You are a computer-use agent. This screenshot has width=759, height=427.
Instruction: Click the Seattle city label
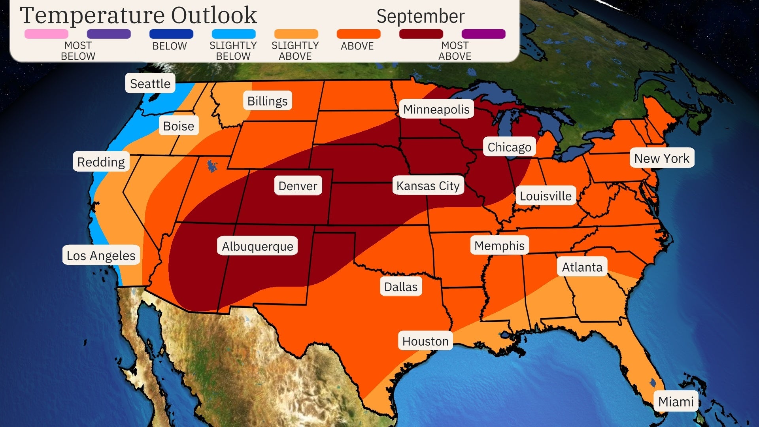(150, 83)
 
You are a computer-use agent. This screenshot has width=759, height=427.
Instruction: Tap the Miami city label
(676, 401)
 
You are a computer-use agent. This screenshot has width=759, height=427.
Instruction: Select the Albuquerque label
(257, 246)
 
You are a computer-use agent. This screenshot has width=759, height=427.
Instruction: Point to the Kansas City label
(428, 185)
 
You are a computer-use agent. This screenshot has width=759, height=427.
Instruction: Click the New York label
(661, 158)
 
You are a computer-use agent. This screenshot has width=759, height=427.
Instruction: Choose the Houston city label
(425, 341)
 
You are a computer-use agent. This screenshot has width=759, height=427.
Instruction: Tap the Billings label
(267, 101)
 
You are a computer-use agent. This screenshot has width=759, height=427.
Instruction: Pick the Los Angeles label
(101, 255)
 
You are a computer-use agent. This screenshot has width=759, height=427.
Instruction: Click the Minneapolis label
(436, 109)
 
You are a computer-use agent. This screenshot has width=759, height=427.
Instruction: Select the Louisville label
(546, 196)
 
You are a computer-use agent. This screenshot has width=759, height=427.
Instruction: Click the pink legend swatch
(46, 34)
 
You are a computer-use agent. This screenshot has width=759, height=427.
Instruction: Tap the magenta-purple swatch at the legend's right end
(483, 34)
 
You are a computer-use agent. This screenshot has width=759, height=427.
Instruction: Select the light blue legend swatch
(234, 34)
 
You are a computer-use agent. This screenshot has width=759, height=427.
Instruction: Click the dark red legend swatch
(421, 34)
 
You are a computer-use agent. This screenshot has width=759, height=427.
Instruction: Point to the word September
(420, 17)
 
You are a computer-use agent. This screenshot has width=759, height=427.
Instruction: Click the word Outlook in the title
(214, 16)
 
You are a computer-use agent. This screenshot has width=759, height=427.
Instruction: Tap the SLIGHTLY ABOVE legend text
(295, 51)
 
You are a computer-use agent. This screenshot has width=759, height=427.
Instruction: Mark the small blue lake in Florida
(652, 382)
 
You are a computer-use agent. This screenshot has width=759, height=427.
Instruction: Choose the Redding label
(101, 162)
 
